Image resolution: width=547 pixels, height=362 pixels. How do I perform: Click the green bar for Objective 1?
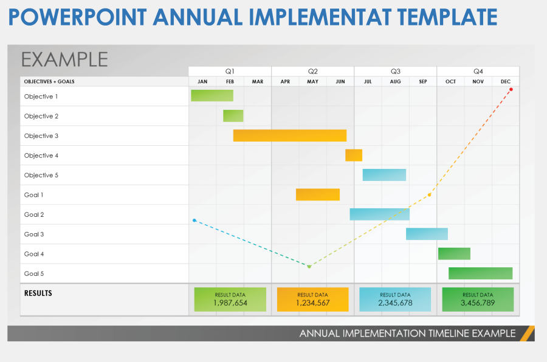tap(212, 95)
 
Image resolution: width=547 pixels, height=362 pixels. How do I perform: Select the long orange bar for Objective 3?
tap(290, 135)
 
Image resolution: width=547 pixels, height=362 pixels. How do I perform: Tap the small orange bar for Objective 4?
tap(354, 155)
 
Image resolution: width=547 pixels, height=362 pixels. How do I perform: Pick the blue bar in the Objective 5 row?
tap(384, 175)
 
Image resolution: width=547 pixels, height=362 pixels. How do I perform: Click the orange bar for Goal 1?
tap(318, 194)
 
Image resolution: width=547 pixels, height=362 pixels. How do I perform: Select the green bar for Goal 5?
tap(480, 273)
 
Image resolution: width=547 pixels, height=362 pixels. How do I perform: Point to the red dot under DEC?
tap(511, 89)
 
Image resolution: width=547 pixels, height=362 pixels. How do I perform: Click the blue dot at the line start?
tap(194, 220)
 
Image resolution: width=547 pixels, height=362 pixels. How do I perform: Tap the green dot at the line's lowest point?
tap(309, 267)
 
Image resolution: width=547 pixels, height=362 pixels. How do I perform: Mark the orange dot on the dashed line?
tap(429, 195)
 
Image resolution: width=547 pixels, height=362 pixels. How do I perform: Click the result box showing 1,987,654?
tap(230, 299)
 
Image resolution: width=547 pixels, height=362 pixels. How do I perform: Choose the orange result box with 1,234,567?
tap(313, 299)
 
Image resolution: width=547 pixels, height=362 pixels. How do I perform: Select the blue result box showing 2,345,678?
tap(395, 299)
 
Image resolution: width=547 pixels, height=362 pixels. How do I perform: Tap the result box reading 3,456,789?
tap(478, 299)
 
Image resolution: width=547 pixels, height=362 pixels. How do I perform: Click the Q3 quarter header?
tap(395, 71)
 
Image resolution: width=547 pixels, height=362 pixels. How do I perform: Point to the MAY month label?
tap(312, 81)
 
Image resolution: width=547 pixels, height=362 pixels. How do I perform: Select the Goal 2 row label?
tap(34, 214)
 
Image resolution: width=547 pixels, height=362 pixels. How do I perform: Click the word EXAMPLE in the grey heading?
tap(64, 60)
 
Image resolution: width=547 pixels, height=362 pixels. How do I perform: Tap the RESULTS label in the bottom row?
tap(38, 293)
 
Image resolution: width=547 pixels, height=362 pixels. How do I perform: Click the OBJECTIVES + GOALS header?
tap(49, 81)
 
